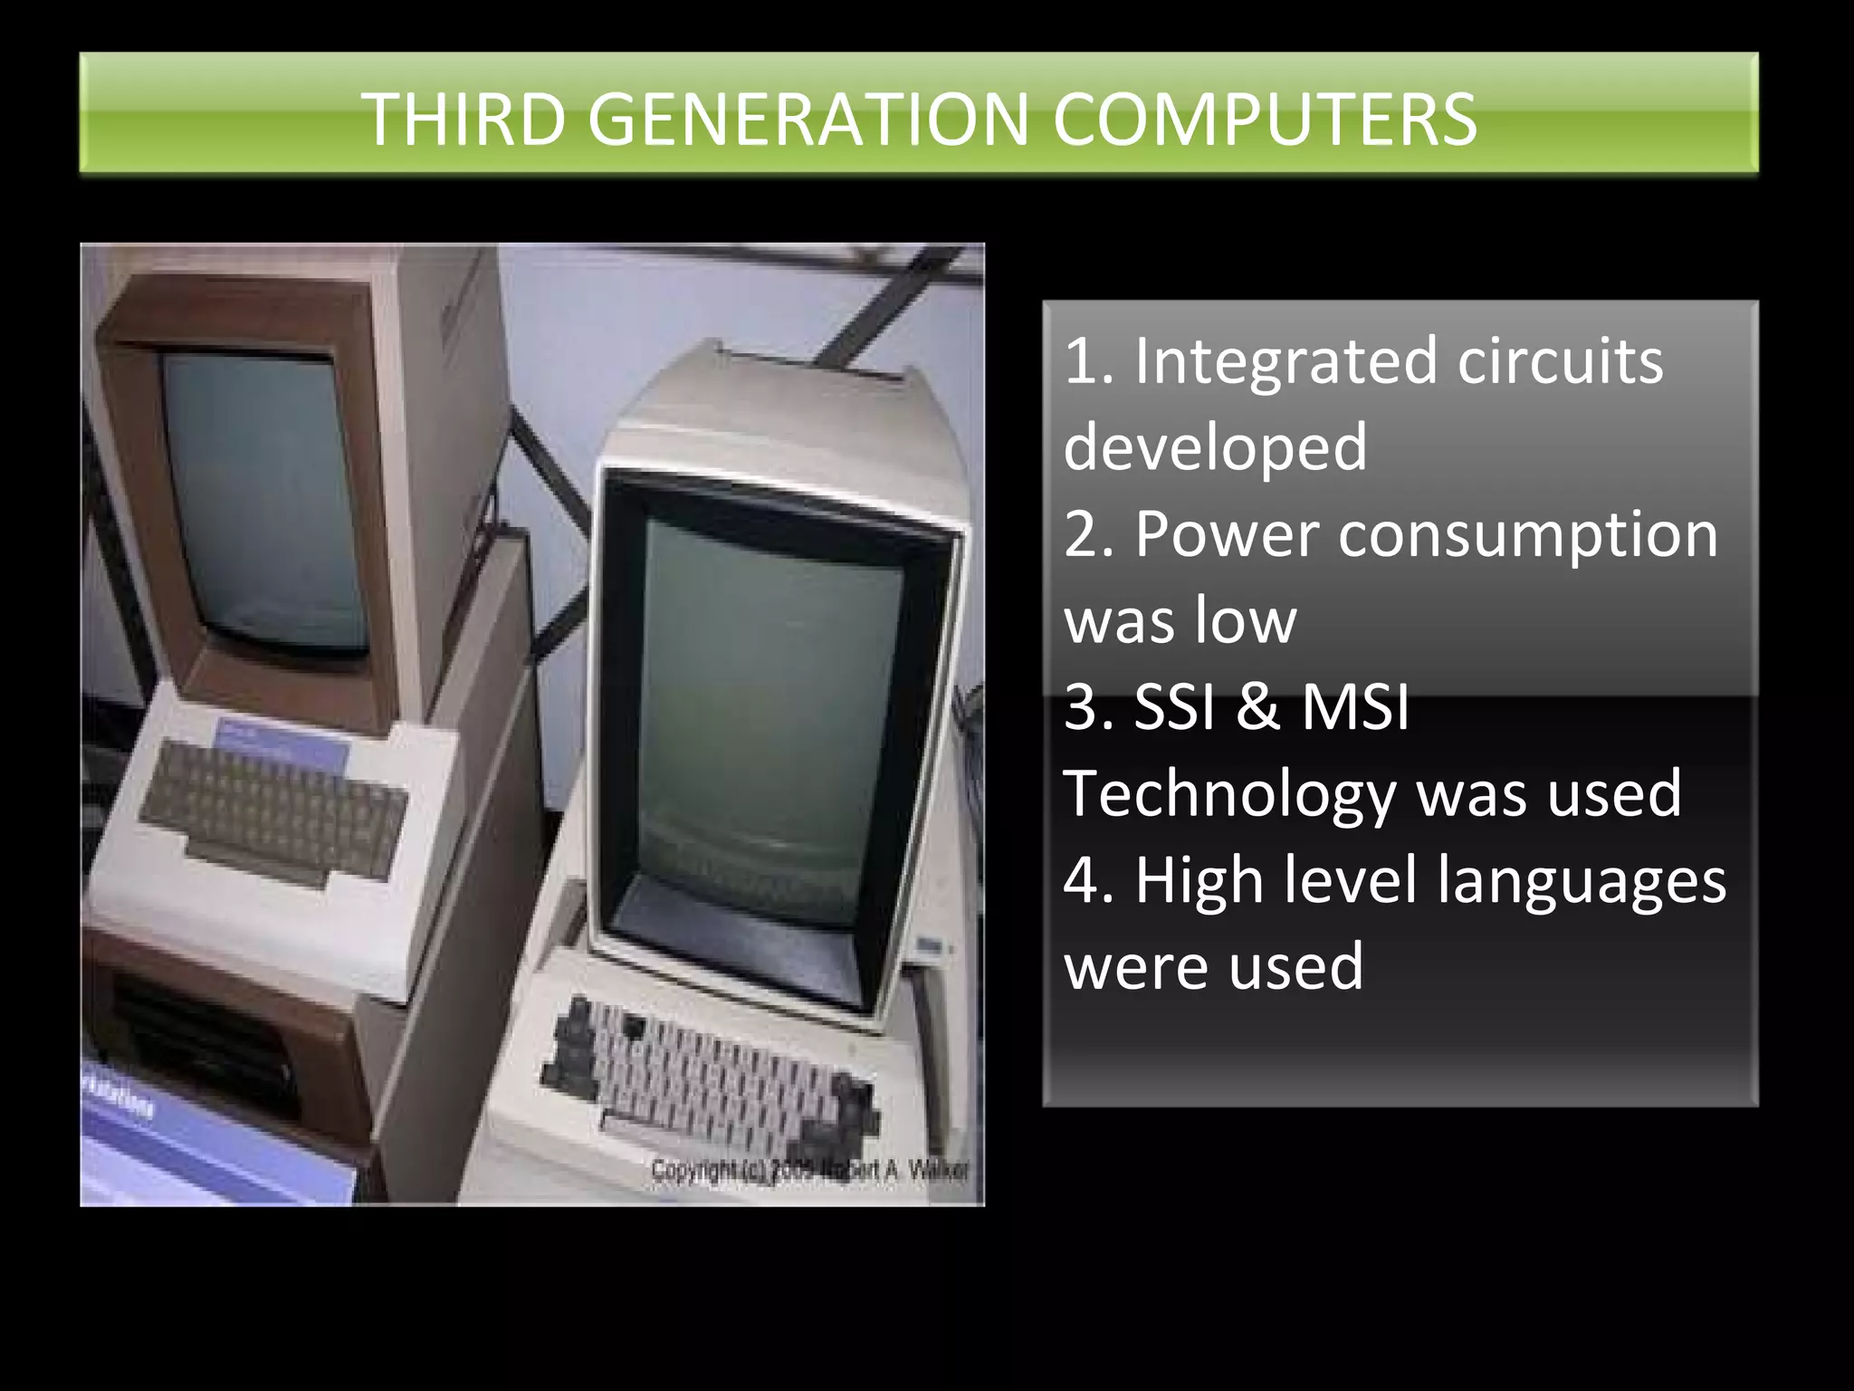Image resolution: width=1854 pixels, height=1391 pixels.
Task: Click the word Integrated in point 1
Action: coord(1285,361)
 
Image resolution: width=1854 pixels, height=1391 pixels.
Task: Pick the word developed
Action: coord(1215,447)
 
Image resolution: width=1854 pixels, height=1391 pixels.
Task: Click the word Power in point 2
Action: coord(1227,534)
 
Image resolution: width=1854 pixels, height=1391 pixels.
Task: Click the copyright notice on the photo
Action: coord(810,1169)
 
